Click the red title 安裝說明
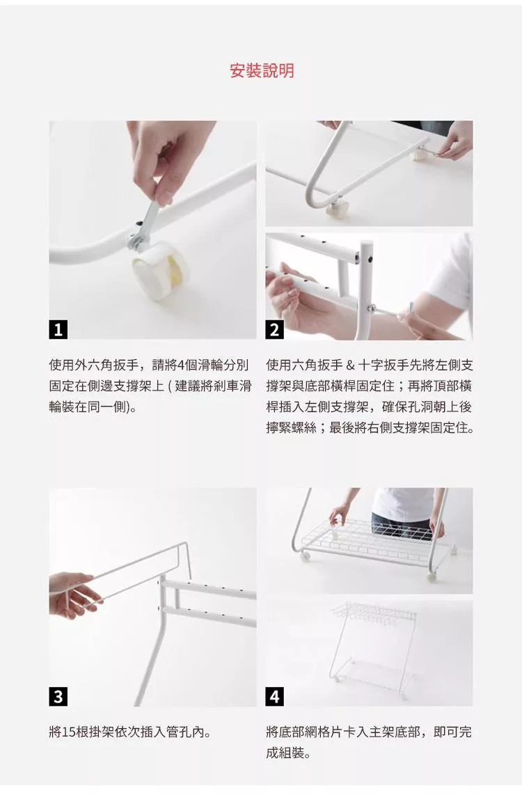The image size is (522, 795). coord(262,70)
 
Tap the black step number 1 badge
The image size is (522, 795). coord(58,330)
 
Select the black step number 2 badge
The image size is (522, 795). coord(274,330)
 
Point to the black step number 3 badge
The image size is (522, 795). coord(58,697)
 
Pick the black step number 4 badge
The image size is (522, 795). coord(274,697)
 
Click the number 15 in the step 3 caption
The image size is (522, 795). coord(68,732)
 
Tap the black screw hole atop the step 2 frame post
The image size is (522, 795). coord(370,259)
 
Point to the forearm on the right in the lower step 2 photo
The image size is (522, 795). coord(434,313)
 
